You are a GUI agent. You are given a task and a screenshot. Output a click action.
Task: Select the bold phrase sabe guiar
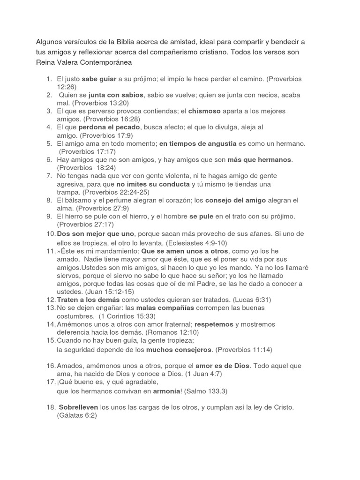pos(100,79)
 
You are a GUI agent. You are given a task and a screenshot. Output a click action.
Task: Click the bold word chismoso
pos(205,111)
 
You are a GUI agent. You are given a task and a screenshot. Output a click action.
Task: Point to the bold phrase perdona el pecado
pos(109,127)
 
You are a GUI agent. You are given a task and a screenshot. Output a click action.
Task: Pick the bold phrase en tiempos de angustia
pos(199,143)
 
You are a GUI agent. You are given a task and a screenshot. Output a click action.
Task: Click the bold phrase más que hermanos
pos(260,159)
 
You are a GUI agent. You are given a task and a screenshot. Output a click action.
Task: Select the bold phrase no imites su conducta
pos(153,184)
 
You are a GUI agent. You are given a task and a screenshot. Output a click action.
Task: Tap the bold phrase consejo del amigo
pos(236,200)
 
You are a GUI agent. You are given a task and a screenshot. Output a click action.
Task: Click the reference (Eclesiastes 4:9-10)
pos(189,242)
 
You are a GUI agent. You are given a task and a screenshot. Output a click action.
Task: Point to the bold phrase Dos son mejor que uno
pos(96,233)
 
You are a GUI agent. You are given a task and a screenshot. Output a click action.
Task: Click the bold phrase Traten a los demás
pos(88,300)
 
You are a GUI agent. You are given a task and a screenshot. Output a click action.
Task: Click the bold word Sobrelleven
pos(78,407)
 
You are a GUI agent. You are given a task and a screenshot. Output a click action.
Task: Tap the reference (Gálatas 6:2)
pos(77,415)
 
